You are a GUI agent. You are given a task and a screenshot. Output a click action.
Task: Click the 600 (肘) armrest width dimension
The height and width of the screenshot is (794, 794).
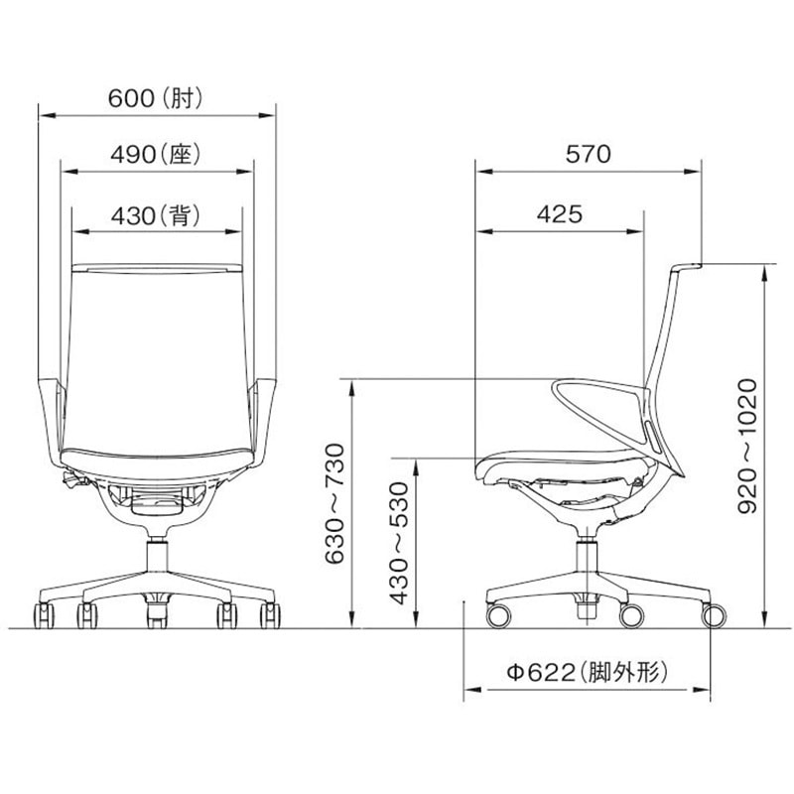[x=156, y=97]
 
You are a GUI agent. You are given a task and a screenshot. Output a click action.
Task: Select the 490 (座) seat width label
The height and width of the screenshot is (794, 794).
[x=156, y=155]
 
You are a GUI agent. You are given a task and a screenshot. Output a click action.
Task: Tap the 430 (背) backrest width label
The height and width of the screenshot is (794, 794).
[x=156, y=215]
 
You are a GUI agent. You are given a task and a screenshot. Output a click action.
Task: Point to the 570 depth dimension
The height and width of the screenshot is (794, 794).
[x=588, y=154]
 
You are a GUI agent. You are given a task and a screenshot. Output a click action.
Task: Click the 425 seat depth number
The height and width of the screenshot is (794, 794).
[x=560, y=214]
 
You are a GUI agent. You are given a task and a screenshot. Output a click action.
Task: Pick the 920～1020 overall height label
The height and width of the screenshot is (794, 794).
[x=747, y=446]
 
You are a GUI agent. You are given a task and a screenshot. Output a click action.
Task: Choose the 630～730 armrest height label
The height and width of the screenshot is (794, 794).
[x=334, y=504]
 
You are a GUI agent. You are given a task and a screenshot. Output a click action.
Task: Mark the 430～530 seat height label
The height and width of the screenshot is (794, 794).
[x=399, y=543]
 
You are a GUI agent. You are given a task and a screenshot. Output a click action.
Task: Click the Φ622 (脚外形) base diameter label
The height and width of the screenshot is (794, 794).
[x=588, y=673]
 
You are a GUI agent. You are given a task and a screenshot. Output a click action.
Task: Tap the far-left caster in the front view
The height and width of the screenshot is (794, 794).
[x=44, y=615]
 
